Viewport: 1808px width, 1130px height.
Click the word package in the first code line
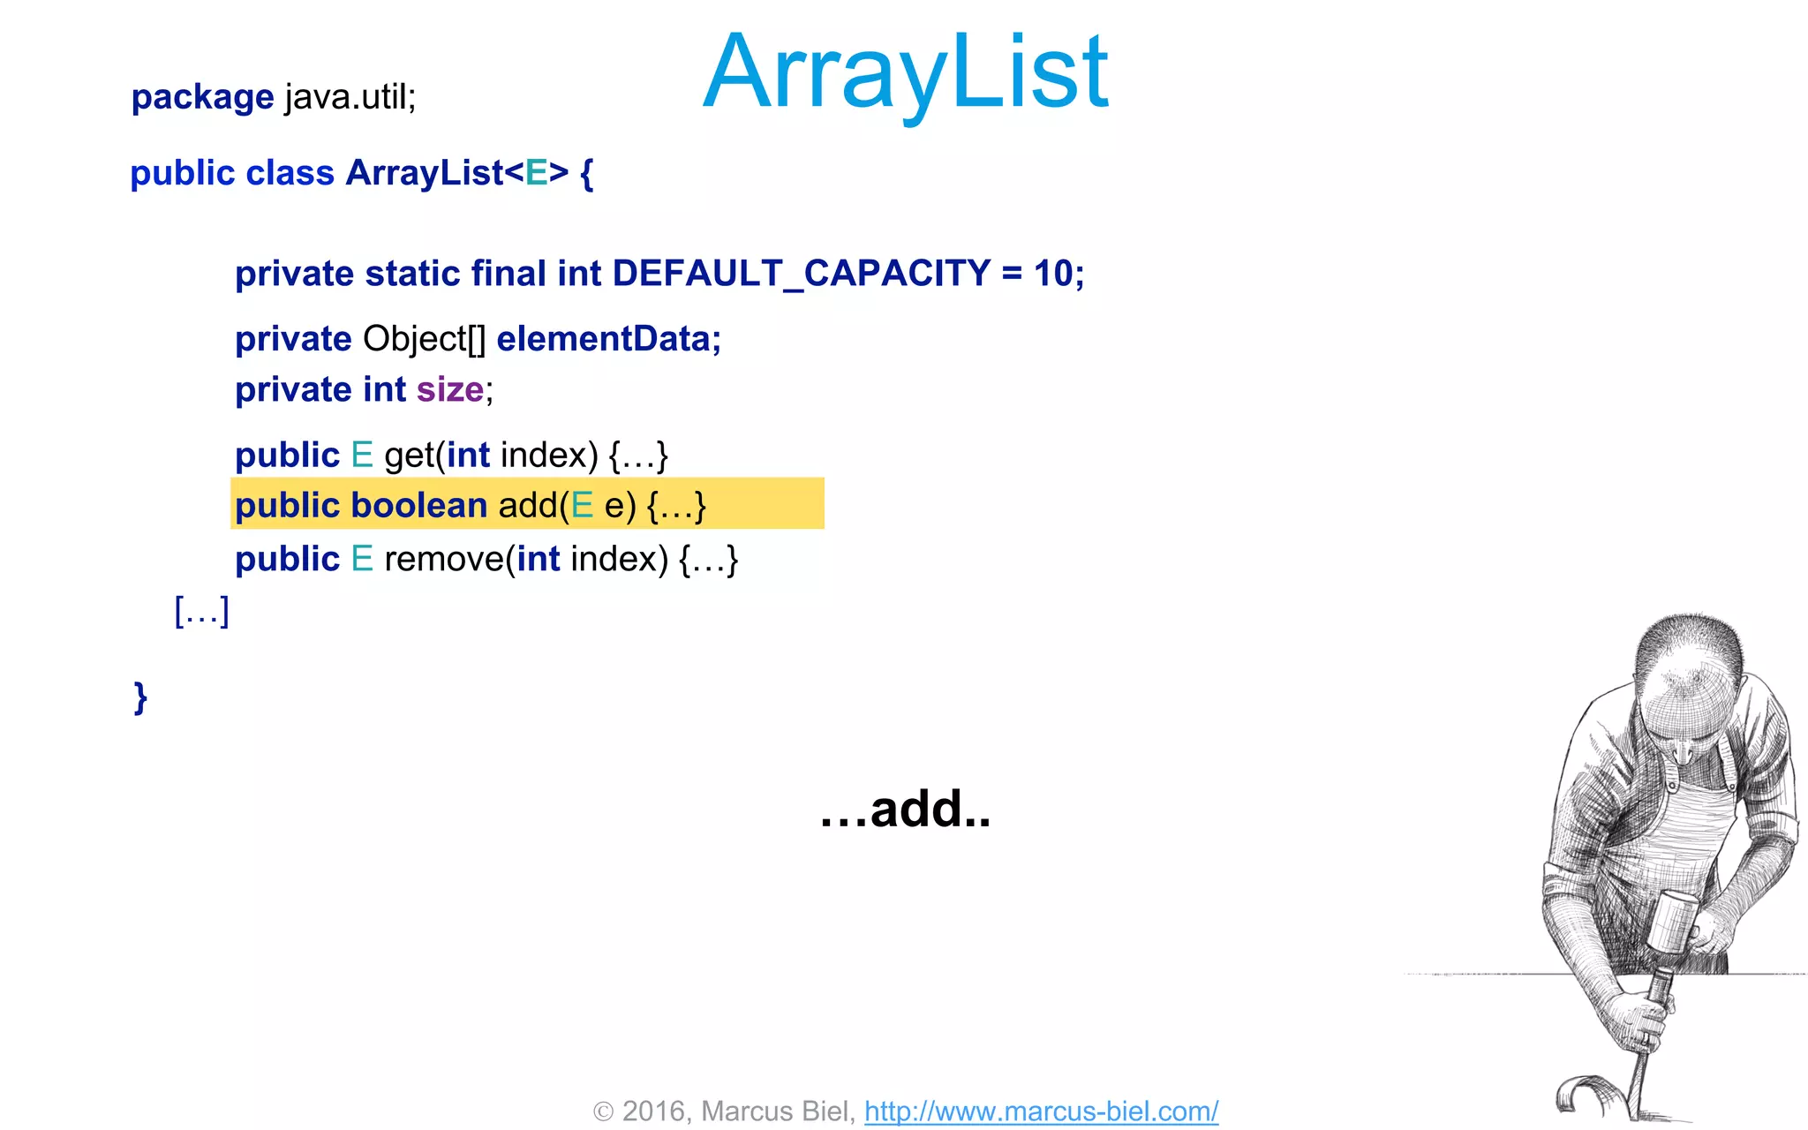click(202, 97)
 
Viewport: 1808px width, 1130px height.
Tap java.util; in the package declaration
click(350, 97)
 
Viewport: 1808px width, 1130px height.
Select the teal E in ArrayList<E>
click(536, 173)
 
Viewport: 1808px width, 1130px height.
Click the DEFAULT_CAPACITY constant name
click(801, 274)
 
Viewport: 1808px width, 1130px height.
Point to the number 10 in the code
click(1052, 274)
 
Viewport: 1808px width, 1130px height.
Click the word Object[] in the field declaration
click(424, 339)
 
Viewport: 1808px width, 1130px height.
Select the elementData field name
click(607, 339)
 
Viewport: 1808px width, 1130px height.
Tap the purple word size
click(449, 389)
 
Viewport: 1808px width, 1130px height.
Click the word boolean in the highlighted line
click(418, 506)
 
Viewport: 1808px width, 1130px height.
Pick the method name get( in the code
click(413, 456)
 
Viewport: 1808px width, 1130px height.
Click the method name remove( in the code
click(448, 560)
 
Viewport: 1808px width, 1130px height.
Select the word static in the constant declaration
click(412, 274)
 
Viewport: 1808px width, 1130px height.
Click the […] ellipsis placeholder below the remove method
click(201, 611)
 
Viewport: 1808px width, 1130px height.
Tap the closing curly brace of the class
click(140, 697)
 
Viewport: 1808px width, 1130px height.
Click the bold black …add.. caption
click(905, 809)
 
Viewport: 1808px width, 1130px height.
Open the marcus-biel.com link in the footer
click(1041, 1111)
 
